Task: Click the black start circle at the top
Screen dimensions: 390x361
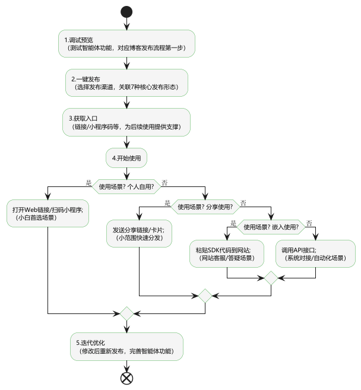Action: coord(126,11)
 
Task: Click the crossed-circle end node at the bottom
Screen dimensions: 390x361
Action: coord(126,378)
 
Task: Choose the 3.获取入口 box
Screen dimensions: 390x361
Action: coord(126,122)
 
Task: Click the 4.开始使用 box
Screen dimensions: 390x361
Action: coord(126,158)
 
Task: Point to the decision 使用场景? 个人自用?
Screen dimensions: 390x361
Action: coord(126,186)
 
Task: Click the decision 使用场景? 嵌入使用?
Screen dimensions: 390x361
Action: coord(271,226)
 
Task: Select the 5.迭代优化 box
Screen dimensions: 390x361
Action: coord(126,347)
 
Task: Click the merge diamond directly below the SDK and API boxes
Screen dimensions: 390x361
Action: coord(271,277)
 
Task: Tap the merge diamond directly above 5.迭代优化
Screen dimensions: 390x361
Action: coord(126,313)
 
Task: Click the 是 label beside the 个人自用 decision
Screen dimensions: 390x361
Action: coord(89,182)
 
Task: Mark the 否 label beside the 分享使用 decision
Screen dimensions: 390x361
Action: coord(243,202)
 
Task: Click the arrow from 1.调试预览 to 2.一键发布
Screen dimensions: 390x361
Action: coord(126,63)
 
